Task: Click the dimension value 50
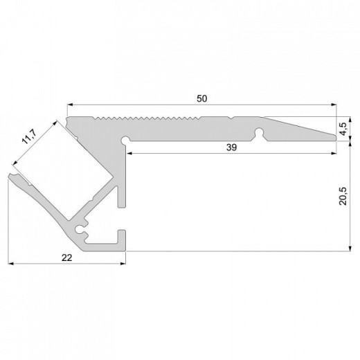tap(201, 98)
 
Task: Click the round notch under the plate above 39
tap(261, 131)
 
